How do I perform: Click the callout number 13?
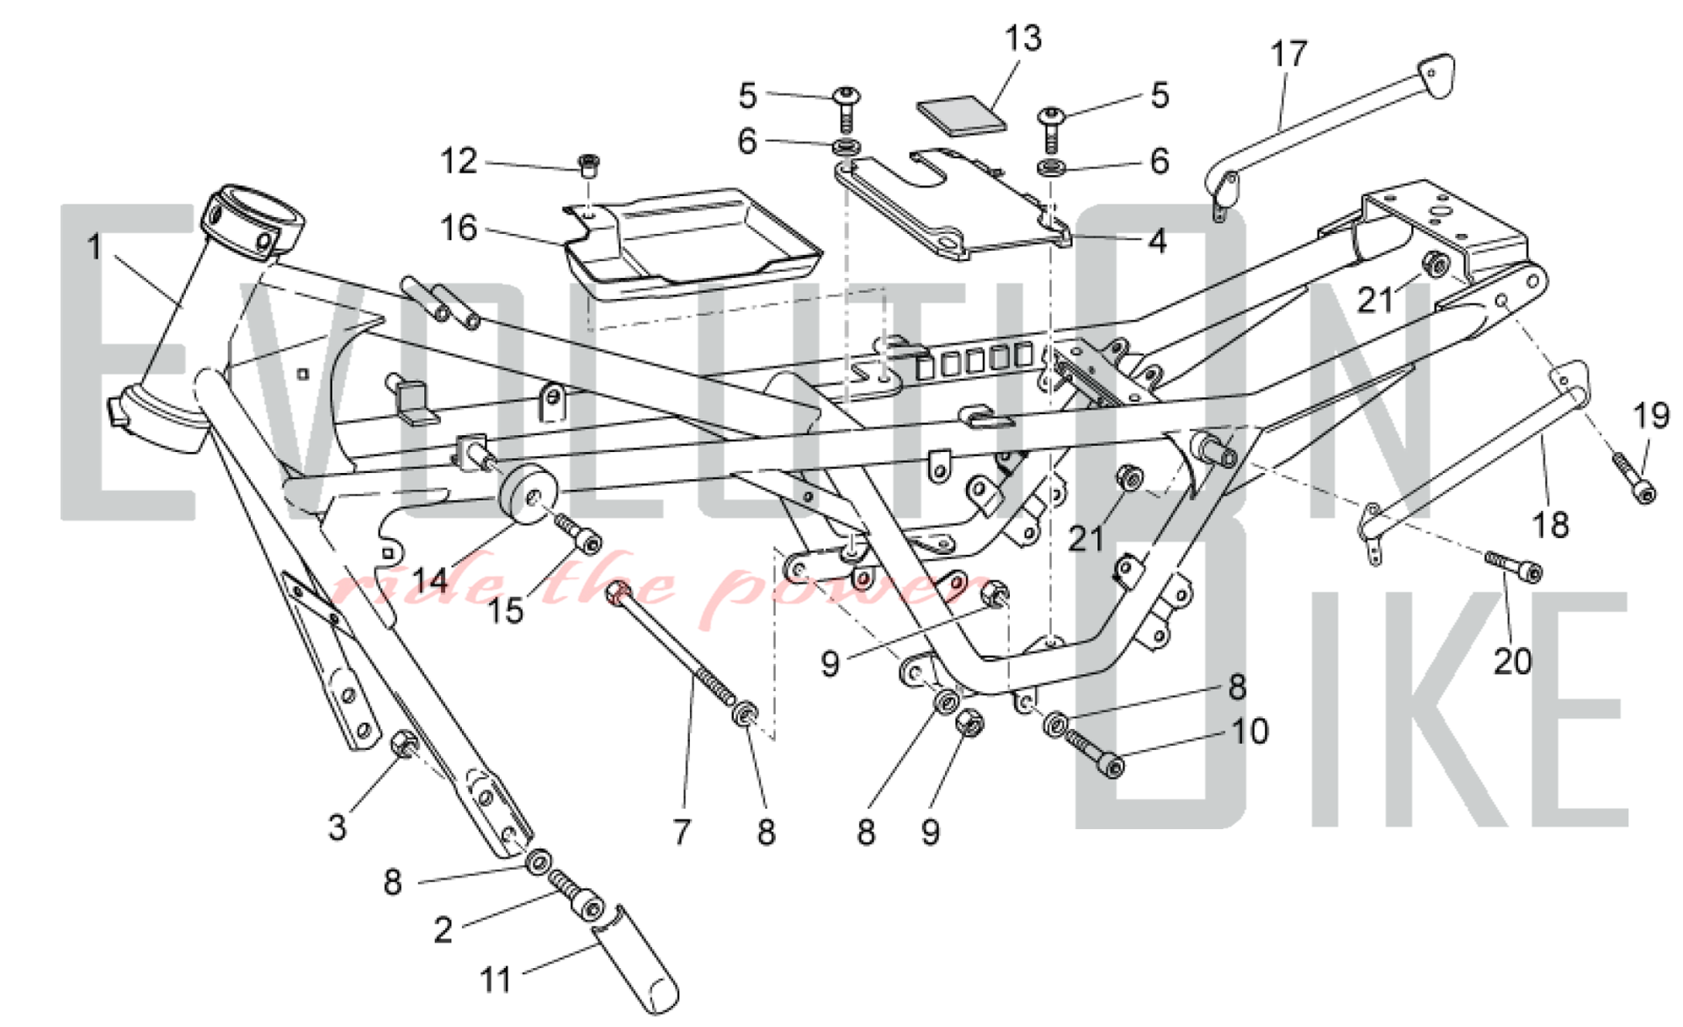pos(1022,39)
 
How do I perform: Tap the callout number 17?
pos(1288,54)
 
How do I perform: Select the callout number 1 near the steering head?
pos(95,247)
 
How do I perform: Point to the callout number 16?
pos(459,228)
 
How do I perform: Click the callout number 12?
pos(459,161)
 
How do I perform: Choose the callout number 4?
pos(1158,242)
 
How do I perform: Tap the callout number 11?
pos(496,980)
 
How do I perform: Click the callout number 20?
pos(1512,662)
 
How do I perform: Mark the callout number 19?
pos(1650,416)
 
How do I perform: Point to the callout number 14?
pos(430,580)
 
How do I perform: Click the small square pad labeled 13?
pos(962,114)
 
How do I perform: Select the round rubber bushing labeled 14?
pos(530,494)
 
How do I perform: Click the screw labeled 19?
pos(1633,478)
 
